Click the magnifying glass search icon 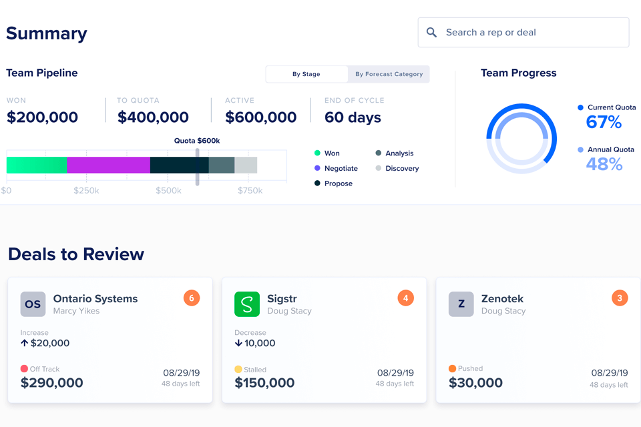(431, 32)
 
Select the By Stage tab (306, 74)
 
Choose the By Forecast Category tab (389, 74)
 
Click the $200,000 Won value (42, 117)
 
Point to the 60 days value (353, 117)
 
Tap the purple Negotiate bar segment (108, 165)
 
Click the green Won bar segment (37, 165)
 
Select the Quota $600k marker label (197, 141)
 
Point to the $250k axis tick (86, 191)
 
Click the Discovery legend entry (401, 168)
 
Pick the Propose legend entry (338, 183)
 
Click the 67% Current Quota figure (604, 122)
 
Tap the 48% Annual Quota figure (604, 163)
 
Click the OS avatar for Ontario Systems (33, 304)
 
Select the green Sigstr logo (247, 304)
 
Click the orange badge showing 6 (192, 298)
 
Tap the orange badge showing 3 (620, 298)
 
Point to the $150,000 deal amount (264, 383)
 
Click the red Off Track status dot (24, 369)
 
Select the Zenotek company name (502, 298)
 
